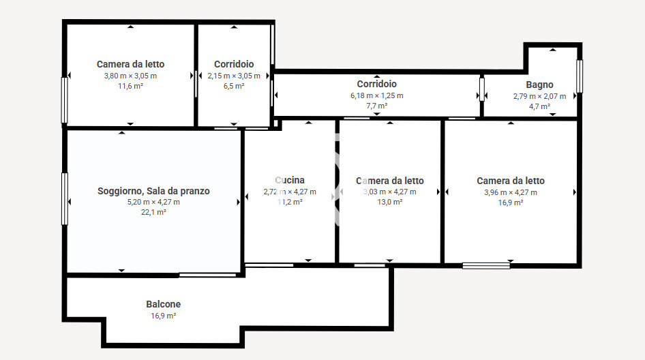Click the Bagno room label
pos(539,85)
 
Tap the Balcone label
pos(164,304)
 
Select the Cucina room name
pos(290,181)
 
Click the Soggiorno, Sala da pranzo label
pos(153,191)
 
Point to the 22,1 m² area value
pos(153,212)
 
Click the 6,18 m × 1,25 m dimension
pos(376,95)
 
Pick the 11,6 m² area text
pos(130,86)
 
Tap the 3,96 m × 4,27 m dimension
pos(510,192)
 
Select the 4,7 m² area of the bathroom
pos(539,106)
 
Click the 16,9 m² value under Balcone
pos(164,316)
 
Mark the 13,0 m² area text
pos(389,202)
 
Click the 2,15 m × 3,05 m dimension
pos(234,76)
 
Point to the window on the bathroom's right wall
pos(580,76)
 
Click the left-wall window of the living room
pos(65,198)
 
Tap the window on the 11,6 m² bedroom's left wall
pos(65,100)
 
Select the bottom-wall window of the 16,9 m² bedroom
pos(486,265)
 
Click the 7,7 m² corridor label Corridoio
pos(376,84)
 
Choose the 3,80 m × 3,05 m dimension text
pos(130,76)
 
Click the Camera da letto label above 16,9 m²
pos(510,181)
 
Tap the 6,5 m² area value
pos(234,86)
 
